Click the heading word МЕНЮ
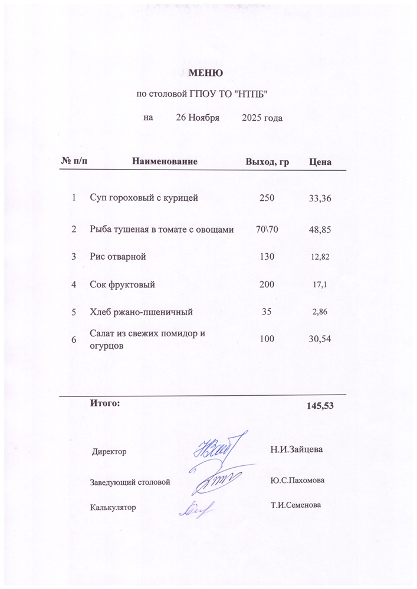205,74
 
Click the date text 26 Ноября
198,118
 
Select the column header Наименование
165,161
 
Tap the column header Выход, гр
267,161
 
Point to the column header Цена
320,161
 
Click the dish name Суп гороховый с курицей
143,198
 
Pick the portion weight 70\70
267,229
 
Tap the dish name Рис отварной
117,257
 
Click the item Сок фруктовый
122,284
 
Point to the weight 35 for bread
267,312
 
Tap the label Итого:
104,403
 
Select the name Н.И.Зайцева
297,450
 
